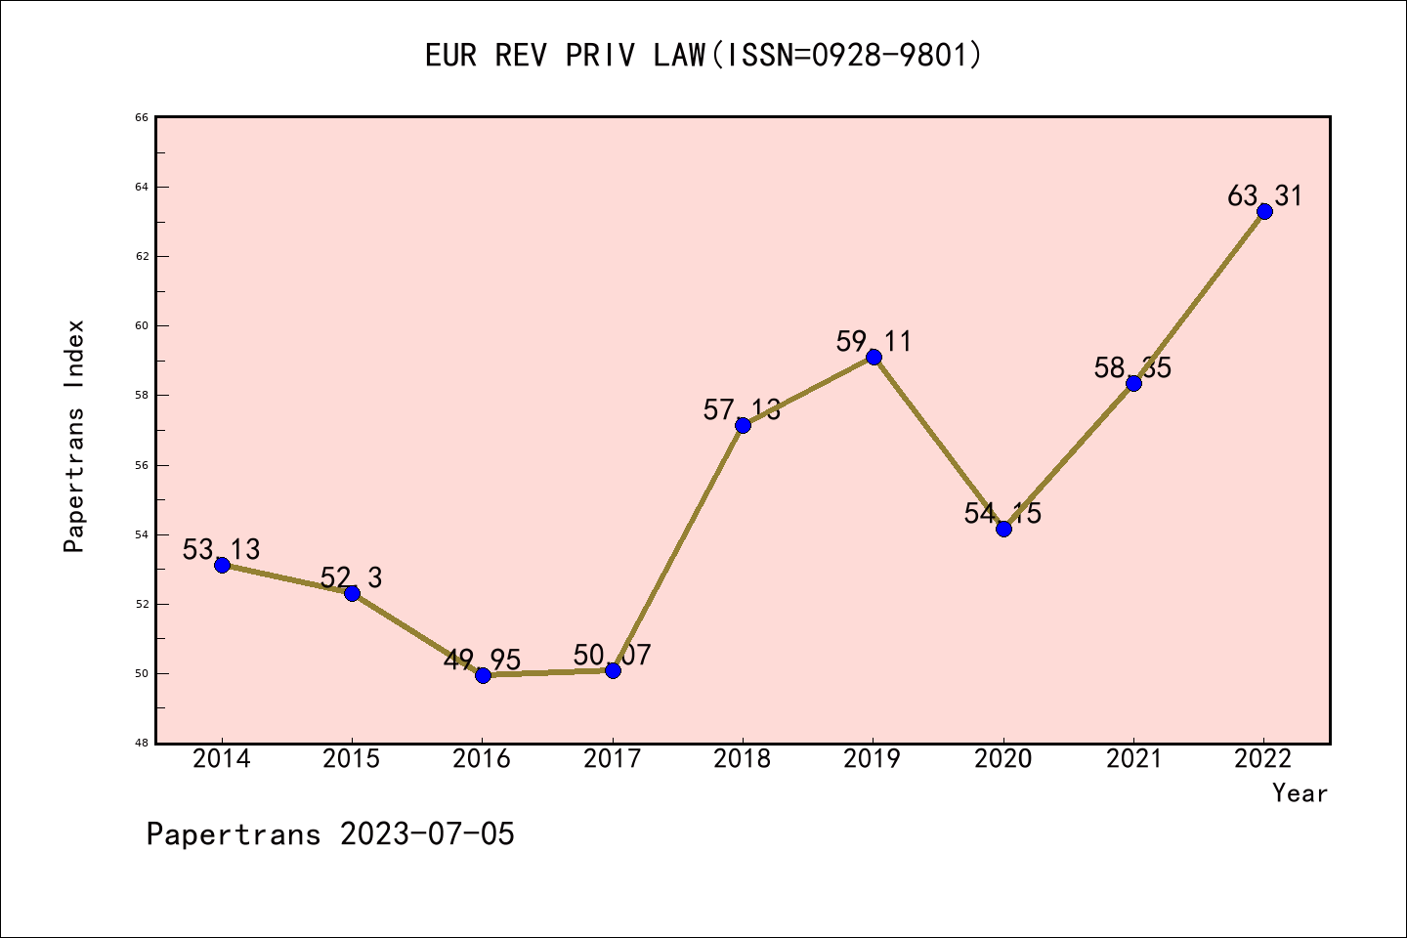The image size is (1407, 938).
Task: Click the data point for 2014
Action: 222,565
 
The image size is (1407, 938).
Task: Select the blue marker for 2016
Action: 483,675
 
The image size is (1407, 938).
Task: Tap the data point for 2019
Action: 874,357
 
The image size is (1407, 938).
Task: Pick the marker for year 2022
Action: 1264,211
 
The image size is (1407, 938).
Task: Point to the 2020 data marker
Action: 1003,529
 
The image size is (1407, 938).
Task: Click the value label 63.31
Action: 1264,196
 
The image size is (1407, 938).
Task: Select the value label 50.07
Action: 613,655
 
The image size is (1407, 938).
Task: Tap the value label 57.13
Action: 742,410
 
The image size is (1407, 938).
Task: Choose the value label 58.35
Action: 1132,368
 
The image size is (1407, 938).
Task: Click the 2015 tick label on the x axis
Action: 352,759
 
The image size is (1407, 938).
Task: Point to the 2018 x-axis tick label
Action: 743,759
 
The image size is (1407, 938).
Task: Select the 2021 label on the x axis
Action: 1133,759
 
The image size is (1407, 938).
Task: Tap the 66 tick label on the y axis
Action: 142,117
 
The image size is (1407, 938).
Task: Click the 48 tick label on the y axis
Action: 142,744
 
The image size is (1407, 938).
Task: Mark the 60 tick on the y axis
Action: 142,326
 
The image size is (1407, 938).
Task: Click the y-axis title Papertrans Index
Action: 75,436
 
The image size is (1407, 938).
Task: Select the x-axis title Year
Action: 1300,793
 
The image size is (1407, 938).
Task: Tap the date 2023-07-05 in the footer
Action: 427,834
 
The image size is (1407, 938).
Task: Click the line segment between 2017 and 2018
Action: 678,547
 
